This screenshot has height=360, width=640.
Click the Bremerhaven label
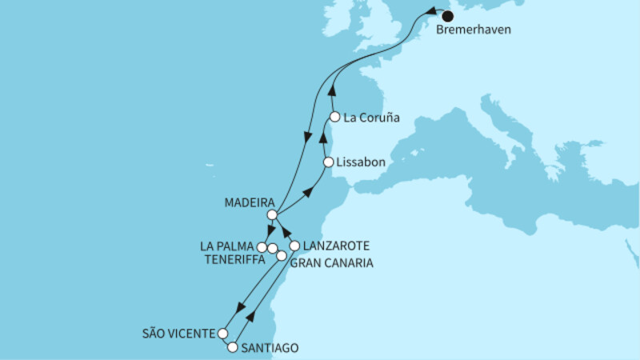[x=474, y=31]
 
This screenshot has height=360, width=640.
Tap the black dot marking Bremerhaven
[x=447, y=15]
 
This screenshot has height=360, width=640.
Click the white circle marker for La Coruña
[x=335, y=116]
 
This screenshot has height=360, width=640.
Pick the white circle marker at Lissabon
[x=328, y=162]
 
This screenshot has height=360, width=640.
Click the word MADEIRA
[x=250, y=202]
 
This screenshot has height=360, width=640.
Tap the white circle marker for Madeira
[x=273, y=215]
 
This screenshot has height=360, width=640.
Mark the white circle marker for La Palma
[x=262, y=247]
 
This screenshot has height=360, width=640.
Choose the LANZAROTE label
[x=337, y=246]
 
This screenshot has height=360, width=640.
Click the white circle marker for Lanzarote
[x=294, y=246]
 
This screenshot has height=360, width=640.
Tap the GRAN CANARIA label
[x=331, y=262]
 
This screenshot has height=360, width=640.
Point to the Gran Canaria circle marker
[x=282, y=256]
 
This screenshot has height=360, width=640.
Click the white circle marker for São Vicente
[x=224, y=334]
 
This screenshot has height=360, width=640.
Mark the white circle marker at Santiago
[x=233, y=348]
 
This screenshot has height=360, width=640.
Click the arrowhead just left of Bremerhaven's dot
[x=432, y=12]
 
